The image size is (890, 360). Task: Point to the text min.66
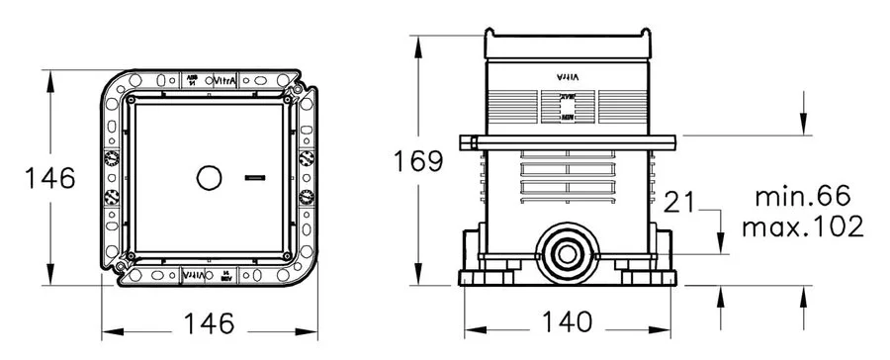[x=802, y=194]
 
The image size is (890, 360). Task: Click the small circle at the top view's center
[x=210, y=179]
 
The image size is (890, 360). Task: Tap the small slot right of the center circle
[x=253, y=179]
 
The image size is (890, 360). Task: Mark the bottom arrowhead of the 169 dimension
[x=422, y=280]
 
